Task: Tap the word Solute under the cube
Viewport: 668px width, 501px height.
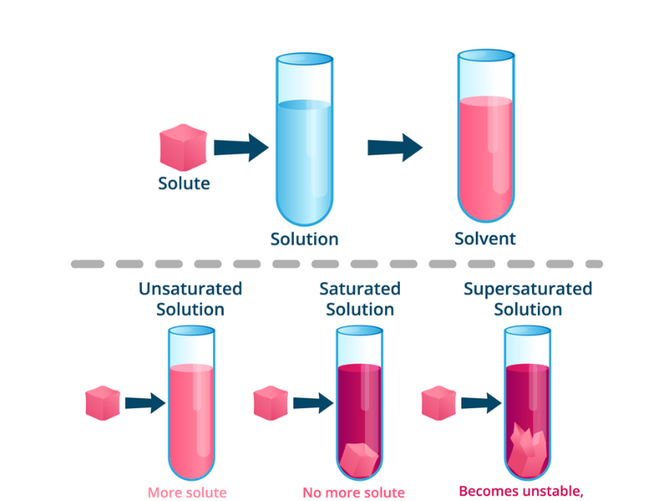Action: pos(184,183)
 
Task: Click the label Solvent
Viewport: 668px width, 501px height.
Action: pos(485,239)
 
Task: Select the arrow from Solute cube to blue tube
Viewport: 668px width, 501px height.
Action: pos(240,148)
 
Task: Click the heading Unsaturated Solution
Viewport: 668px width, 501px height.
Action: pos(190,299)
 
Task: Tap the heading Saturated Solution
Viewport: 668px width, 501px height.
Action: pos(360,299)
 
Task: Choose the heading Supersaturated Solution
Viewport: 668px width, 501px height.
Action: pos(528,299)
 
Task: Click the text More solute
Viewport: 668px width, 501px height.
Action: pos(187,492)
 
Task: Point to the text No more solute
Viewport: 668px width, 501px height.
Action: pos(353,492)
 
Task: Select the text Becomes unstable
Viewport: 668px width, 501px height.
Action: pos(521,490)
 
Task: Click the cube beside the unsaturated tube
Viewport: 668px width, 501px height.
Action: pos(103,402)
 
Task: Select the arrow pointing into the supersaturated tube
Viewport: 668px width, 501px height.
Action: pos(479,403)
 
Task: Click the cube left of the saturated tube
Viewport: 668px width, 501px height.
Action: pos(271,402)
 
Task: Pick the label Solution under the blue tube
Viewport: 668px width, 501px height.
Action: pos(305,239)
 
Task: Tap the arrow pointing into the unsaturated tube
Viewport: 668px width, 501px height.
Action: pos(144,403)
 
